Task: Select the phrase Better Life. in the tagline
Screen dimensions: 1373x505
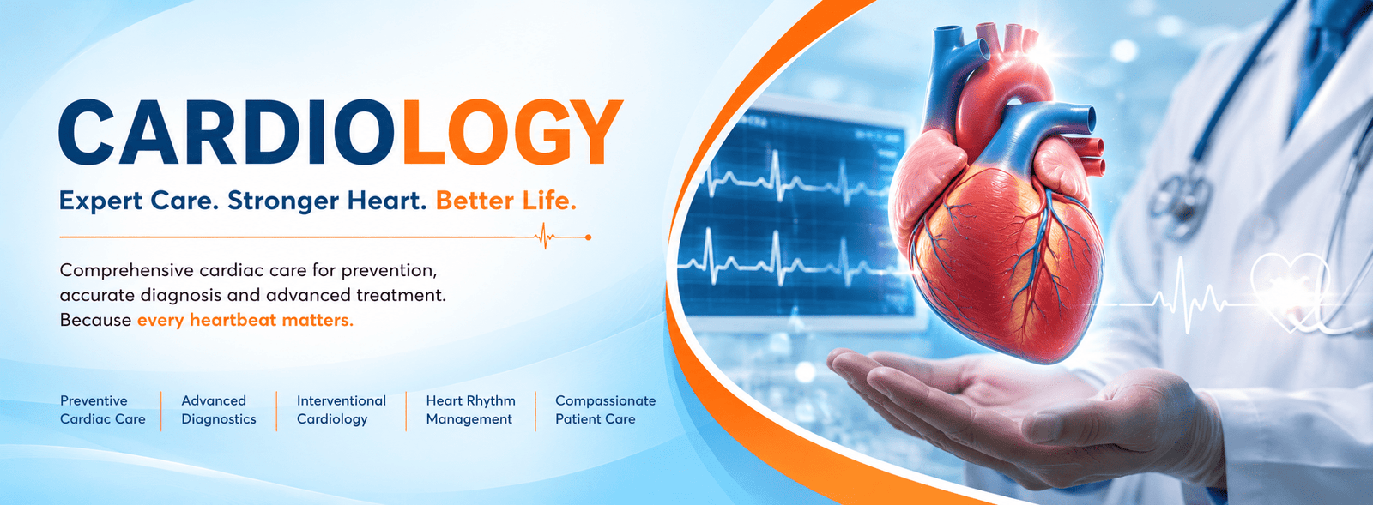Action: tap(506, 201)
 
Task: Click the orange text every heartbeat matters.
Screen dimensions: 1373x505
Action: tap(245, 320)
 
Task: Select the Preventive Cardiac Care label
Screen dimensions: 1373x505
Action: tap(102, 410)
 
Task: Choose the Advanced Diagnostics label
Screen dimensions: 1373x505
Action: tap(218, 410)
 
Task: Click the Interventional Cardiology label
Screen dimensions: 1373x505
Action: tap(342, 410)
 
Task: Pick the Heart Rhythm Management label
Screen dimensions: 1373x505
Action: tap(471, 410)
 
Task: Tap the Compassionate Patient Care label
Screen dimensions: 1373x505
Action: tap(606, 410)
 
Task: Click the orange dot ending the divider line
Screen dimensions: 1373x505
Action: tap(589, 237)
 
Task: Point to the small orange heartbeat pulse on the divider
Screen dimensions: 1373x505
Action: tap(545, 237)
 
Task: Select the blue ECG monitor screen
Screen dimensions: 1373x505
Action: tap(797, 214)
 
